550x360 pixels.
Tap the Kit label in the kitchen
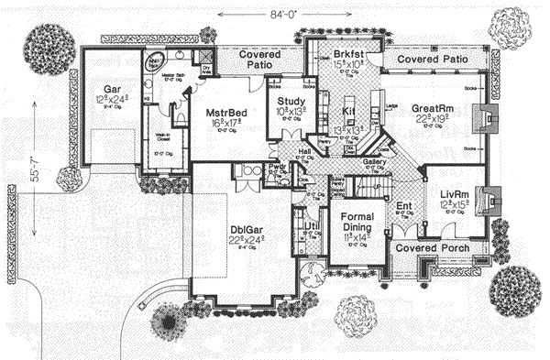[348, 110]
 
